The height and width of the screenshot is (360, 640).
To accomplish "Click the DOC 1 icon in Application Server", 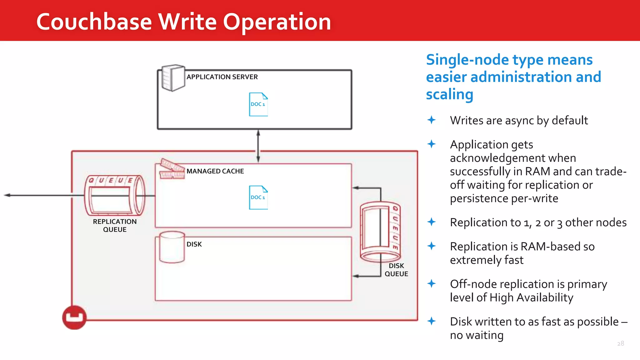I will click(258, 104).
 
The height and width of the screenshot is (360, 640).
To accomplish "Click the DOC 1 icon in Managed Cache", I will click(258, 197).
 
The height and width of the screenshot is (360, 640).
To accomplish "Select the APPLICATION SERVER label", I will click(222, 77).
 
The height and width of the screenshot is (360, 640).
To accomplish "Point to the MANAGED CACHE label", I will click(215, 171).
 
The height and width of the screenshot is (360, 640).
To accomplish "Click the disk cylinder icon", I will click(172, 247).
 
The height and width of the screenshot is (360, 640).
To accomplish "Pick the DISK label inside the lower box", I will click(194, 244).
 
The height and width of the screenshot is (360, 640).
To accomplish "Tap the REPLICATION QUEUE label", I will click(115, 225).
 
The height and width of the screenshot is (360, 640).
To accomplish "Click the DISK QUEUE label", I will click(396, 270).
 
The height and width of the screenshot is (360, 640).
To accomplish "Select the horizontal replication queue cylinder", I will click(115, 196).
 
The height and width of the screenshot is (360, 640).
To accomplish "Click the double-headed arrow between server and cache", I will click(258, 146).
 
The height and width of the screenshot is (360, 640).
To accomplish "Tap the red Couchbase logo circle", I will click(74, 317).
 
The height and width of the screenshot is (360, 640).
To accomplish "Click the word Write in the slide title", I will click(187, 22).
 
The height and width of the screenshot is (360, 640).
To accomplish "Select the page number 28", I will click(620, 343).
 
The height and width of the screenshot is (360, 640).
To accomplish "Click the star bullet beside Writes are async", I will click(432, 120).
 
